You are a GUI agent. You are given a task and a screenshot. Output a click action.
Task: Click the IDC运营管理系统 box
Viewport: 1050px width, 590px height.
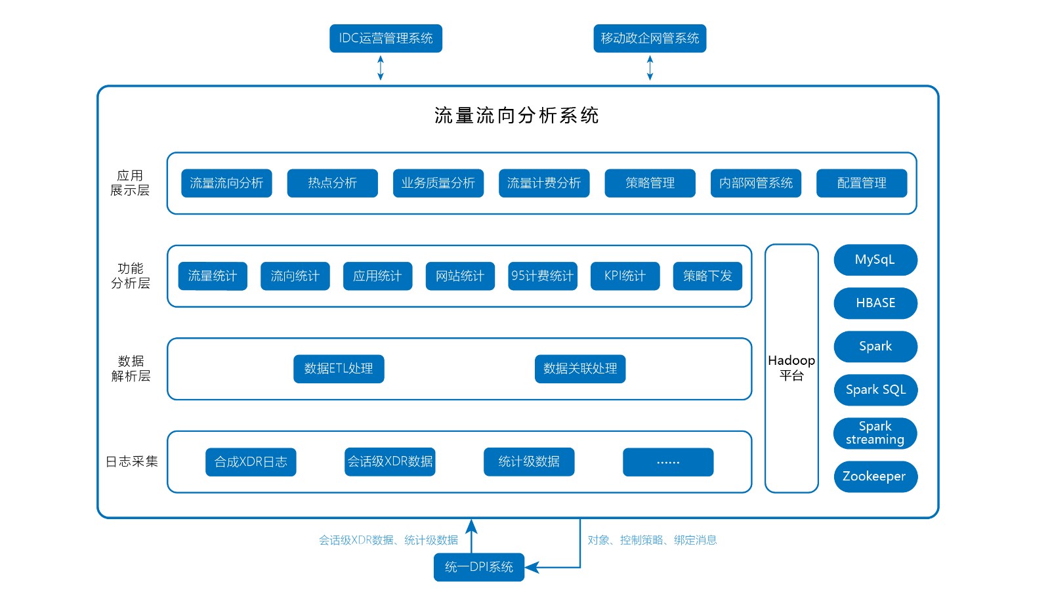click(385, 38)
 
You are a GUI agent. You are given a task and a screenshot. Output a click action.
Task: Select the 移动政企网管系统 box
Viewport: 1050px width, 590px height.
click(650, 38)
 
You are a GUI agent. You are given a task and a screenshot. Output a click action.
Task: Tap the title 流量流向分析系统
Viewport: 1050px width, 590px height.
click(516, 116)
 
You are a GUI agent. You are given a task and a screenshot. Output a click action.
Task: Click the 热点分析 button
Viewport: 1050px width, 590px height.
click(332, 183)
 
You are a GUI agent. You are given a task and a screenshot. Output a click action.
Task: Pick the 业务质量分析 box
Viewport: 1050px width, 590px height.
click(438, 183)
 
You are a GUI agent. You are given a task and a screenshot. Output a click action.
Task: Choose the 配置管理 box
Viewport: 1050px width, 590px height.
click(861, 183)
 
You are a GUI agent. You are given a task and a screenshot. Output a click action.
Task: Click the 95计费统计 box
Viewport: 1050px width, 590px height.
click(542, 276)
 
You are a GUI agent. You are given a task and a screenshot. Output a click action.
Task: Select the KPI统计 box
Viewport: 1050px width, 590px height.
click(625, 276)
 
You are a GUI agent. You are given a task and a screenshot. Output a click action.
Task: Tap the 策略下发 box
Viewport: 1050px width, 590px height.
click(707, 276)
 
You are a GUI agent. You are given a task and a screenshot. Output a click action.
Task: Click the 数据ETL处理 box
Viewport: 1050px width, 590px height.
click(339, 369)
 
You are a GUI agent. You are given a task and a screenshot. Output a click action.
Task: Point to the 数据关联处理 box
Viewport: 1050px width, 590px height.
click(580, 369)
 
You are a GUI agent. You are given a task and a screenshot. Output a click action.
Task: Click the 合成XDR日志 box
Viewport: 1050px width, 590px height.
click(251, 462)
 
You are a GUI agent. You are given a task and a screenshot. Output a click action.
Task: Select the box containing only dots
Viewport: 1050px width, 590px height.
click(667, 462)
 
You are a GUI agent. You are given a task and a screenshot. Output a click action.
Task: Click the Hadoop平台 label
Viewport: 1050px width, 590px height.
click(791, 368)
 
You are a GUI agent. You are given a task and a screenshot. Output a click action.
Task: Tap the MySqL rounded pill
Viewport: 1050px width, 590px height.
click(875, 260)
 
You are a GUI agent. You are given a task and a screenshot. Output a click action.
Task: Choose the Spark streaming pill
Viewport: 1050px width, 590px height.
click(875, 433)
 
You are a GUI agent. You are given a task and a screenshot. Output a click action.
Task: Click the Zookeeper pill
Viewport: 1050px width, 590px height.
click(875, 476)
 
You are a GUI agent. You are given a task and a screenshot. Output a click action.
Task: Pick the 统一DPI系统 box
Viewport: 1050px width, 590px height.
click(478, 567)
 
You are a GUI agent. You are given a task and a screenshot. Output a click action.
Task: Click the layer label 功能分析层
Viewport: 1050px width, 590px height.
click(130, 276)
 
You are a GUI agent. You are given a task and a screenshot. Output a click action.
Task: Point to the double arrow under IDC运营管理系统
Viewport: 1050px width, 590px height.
click(381, 68)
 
